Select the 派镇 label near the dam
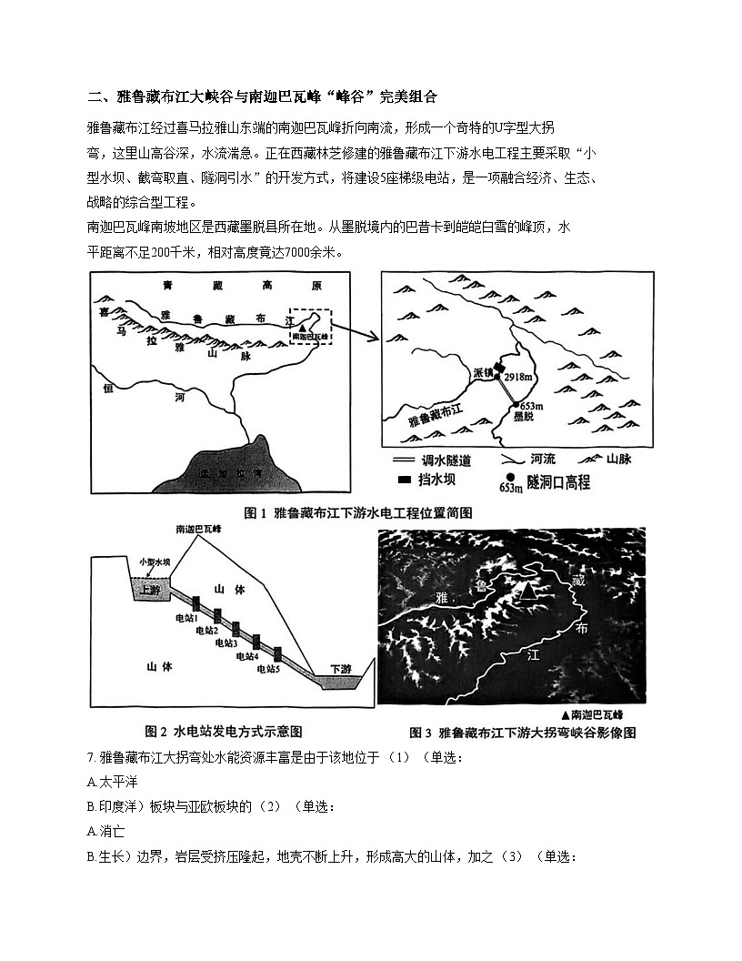[483, 373]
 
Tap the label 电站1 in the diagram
[186, 618]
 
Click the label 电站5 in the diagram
[268, 668]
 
